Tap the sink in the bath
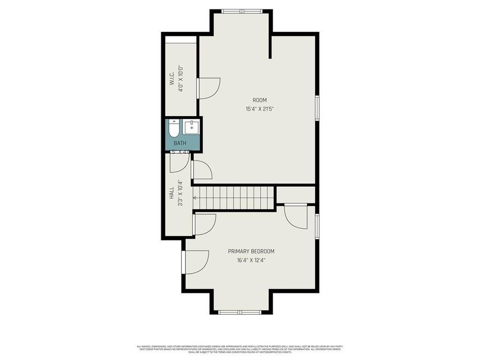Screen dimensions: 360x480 click(x=191, y=127)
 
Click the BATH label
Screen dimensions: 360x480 click(x=180, y=143)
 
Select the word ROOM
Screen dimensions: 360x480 click(x=260, y=100)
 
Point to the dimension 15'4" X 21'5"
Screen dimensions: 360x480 click(x=260, y=109)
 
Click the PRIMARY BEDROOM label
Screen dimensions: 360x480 click(x=251, y=251)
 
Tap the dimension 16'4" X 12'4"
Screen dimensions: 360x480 click(x=251, y=261)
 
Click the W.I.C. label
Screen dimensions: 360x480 click(x=172, y=78)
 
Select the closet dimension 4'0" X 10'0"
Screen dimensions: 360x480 click(x=181, y=78)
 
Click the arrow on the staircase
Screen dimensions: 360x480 click(x=196, y=198)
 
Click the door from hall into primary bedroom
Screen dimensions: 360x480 click(x=204, y=224)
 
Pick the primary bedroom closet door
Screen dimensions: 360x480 click(x=296, y=216)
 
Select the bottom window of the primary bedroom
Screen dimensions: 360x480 click(x=239, y=312)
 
